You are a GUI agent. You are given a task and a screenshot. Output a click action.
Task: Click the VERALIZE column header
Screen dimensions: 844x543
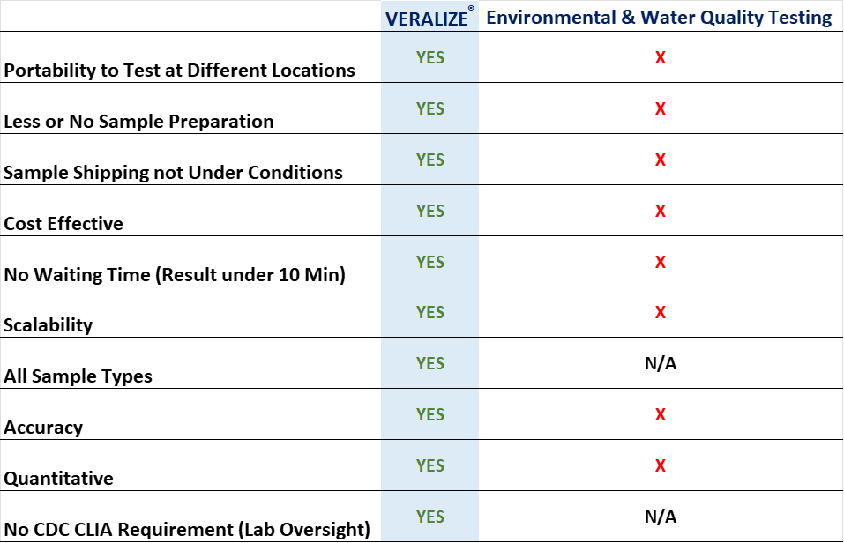point(427,19)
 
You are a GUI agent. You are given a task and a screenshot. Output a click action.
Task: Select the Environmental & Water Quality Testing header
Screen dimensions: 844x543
point(659,18)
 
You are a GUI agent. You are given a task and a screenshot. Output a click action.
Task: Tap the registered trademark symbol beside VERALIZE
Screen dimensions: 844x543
point(471,8)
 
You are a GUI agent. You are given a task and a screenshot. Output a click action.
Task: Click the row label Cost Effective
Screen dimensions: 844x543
point(63,223)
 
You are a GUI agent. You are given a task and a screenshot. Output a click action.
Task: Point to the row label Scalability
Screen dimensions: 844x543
point(48,325)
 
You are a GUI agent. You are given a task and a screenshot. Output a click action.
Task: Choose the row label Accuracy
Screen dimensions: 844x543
point(43,428)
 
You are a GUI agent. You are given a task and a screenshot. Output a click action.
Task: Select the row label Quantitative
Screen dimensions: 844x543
point(59,478)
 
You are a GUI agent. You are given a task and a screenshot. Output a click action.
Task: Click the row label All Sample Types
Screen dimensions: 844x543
point(78,376)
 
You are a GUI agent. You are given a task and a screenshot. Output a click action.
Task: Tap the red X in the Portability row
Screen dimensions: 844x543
point(661,57)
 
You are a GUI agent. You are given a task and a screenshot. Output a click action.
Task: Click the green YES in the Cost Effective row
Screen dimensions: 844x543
point(430,211)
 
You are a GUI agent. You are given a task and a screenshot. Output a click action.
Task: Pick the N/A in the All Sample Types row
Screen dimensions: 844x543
point(661,363)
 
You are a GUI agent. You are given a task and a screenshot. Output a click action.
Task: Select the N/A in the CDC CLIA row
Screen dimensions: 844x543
point(661,517)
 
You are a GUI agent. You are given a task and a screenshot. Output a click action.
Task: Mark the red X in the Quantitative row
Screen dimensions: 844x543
point(661,465)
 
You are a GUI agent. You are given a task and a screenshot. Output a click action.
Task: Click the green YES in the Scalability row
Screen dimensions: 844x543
point(430,312)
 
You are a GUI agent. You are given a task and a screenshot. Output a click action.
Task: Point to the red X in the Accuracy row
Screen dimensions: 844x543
point(661,414)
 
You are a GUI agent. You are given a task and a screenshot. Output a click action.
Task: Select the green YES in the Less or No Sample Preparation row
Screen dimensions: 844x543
point(430,108)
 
